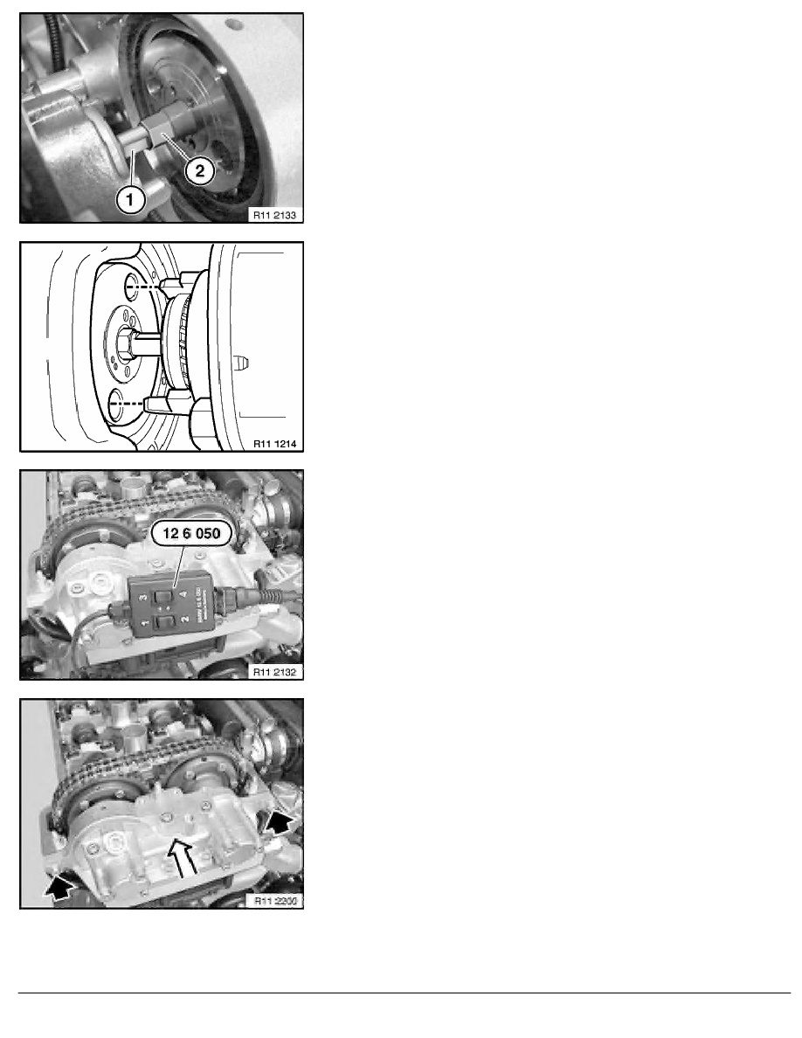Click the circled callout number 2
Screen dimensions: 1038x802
pos(199,171)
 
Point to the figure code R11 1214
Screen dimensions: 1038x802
pos(274,443)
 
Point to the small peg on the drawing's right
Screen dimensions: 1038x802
pos(243,358)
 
